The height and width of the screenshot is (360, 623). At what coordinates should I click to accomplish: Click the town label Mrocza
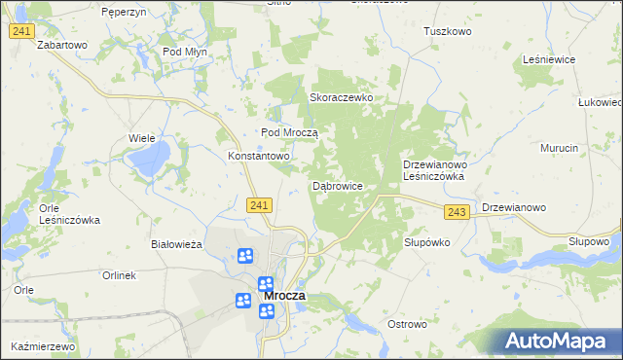click(x=283, y=295)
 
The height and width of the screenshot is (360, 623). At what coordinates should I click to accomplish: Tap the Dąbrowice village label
click(x=338, y=185)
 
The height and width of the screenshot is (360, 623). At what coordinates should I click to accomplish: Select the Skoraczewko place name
click(x=342, y=98)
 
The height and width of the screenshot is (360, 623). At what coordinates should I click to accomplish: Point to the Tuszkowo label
click(x=447, y=31)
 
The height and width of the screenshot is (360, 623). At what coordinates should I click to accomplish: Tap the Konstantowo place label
click(x=259, y=156)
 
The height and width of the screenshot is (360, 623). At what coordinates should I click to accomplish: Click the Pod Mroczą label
click(x=290, y=132)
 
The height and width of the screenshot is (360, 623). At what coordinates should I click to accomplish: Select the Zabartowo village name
click(x=62, y=45)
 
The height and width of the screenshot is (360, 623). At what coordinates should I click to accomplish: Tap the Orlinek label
click(x=119, y=275)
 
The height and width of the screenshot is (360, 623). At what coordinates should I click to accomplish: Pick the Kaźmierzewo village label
click(x=44, y=346)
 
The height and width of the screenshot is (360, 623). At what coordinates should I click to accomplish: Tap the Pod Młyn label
click(x=185, y=52)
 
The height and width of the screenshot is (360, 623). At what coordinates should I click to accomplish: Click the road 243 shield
click(x=457, y=211)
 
